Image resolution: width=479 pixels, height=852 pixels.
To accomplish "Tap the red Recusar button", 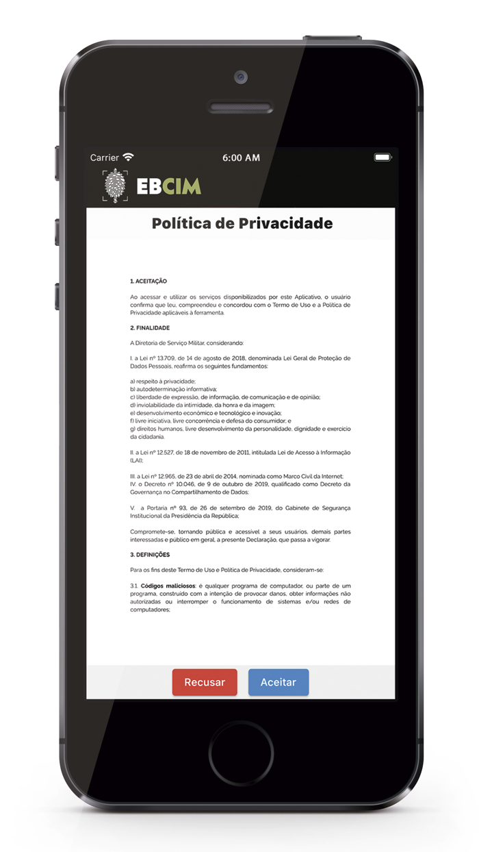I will (205, 682).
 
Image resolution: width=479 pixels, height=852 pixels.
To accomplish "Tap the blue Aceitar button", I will (279, 682).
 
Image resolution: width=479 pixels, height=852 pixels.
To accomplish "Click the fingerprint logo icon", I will (115, 186).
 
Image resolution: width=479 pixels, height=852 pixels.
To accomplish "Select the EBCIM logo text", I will (168, 186).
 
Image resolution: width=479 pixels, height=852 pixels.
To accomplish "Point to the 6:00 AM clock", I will (241, 158).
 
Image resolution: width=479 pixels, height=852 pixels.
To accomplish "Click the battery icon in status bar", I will (382, 158).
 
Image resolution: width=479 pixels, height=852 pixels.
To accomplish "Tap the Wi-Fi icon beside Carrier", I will (128, 158).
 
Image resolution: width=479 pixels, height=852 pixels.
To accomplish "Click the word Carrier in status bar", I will (104, 158).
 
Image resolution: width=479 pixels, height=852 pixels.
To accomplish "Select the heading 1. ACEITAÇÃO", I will (148, 281).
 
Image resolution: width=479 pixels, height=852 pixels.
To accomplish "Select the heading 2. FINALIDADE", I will (150, 328).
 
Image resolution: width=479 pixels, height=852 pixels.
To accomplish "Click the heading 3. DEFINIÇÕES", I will (150, 554).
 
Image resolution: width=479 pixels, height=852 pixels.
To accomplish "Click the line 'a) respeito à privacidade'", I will (163, 381).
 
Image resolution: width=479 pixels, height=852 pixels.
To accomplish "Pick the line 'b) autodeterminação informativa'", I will (173, 389).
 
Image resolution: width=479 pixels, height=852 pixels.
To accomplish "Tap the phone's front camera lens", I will (240, 76).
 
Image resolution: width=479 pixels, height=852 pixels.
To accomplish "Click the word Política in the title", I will (180, 223).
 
